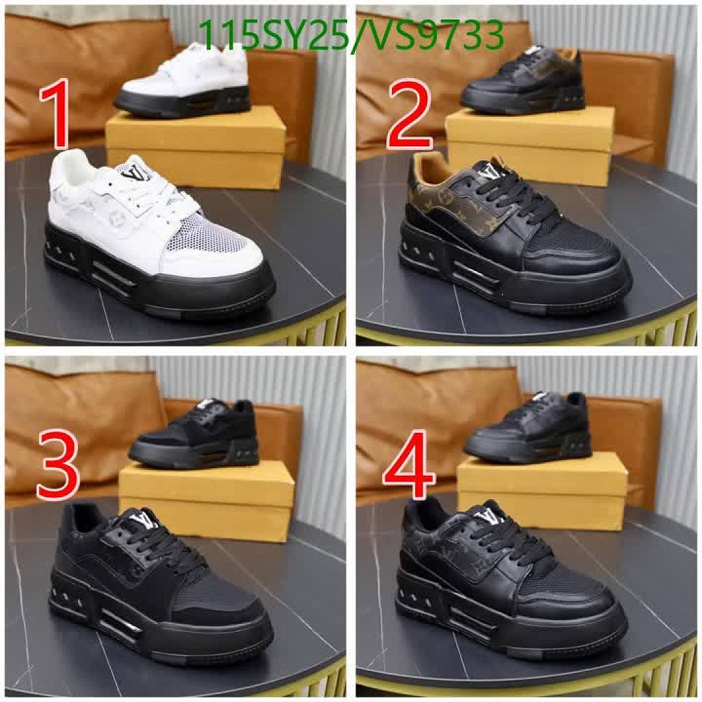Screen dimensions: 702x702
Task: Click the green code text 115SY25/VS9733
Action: coord(352,35)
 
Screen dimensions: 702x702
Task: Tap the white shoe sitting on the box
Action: coord(184,81)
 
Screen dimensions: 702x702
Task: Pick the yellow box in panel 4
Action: coord(543,494)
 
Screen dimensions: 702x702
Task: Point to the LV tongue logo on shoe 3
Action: coord(144,521)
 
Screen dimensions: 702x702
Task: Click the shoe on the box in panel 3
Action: coord(195,432)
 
